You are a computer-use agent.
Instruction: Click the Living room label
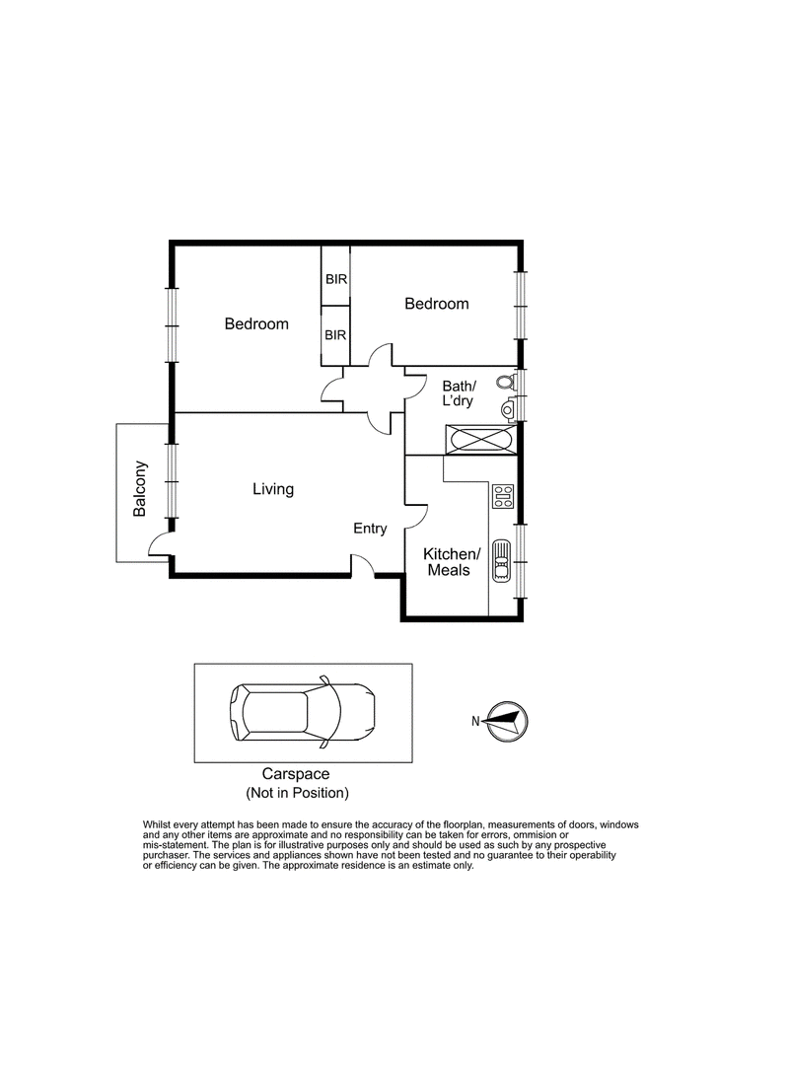[273, 490]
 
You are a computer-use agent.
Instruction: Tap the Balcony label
[140, 489]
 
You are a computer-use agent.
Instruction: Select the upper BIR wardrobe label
[336, 279]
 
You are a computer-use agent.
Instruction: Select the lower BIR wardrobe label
[335, 335]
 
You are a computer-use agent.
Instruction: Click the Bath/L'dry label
[459, 393]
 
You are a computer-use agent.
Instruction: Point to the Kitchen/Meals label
[451, 562]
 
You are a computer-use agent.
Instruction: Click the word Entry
[370, 529]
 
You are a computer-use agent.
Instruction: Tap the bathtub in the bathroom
[480, 439]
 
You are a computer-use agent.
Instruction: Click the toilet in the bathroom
[506, 382]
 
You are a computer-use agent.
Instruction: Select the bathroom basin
[509, 409]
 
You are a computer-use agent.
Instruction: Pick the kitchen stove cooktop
[503, 496]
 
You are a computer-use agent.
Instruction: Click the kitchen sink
[501, 560]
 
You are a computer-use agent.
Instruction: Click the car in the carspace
[302, 712]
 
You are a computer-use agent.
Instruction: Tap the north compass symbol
[508, 721]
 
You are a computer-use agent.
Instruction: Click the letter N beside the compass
[475, 721]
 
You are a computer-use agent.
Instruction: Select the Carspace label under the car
[296, 774]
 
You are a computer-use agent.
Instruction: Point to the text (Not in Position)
[297, 793]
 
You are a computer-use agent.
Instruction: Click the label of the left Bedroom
[256, 324]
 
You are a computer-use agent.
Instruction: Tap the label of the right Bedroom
[437, 304]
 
